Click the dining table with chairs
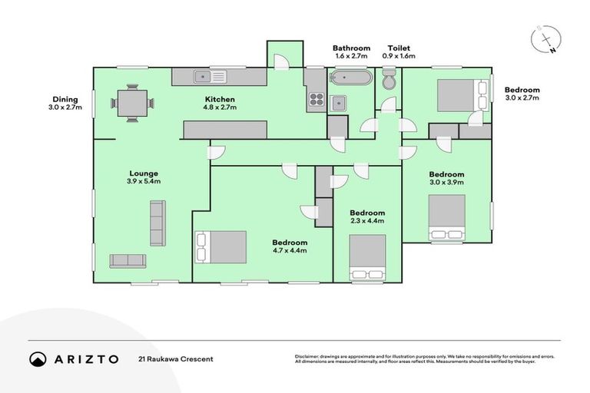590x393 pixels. coord(133,103)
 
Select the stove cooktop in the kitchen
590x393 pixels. coord(315,98)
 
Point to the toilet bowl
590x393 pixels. coord(389,78)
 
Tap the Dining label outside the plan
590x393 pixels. coord(65,99)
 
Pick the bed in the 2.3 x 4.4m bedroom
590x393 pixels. coord(366,258)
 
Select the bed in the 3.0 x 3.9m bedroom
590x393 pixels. coord(446,216)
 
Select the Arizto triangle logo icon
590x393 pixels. coord(38,359)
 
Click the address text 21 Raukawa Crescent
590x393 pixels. coord(176,359)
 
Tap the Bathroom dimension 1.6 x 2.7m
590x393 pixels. coord(351,56)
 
